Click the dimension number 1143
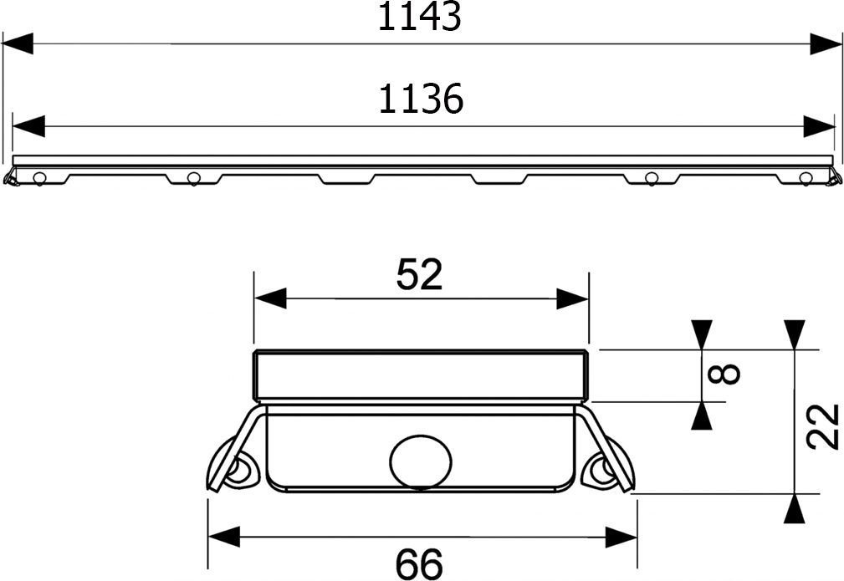[x=419, y=17]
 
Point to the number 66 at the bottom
[x=419, y=563]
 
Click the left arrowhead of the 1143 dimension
[x=18, y=43]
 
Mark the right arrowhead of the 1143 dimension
[x=825, y=43]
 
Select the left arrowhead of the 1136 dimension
[x=28, y=126]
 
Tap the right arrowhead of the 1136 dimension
[x=819, y=126]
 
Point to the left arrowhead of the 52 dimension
[x=269, y=298]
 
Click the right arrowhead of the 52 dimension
[x=573, y=298]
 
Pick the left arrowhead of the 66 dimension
[x=223, y=537]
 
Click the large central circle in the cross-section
[x=421, y=461]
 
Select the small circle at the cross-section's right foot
[x=599, y=470]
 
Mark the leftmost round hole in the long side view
[x=38, y=177]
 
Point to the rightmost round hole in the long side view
[x=806, y=177]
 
